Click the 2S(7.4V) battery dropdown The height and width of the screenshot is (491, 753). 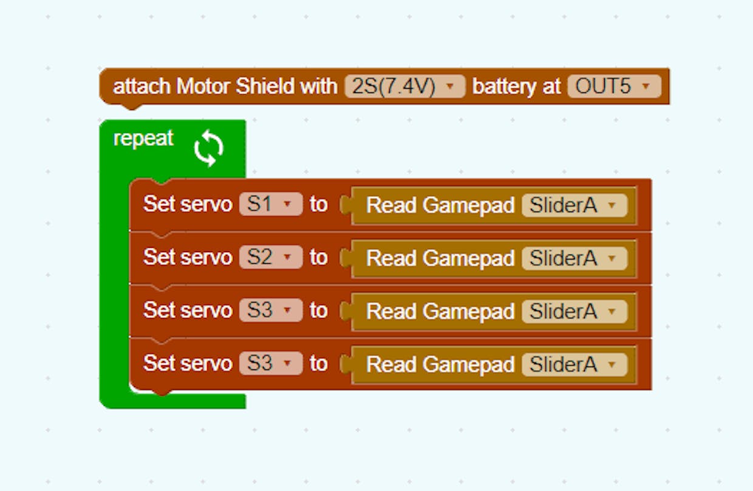coord(404,86)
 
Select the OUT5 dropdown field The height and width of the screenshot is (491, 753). coord(615,86)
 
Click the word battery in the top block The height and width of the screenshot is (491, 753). coord(503,87)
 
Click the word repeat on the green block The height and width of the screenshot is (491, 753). coord(143,138)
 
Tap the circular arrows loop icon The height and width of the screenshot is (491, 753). coord(209,148)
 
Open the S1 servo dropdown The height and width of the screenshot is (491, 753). coord(271,204)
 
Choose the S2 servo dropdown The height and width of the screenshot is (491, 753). coord(271,257)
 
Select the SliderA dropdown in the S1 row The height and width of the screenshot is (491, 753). coord(574,205)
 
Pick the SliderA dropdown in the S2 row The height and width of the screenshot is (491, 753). coord(574,258)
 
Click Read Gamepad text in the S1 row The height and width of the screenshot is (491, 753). coord(440,205)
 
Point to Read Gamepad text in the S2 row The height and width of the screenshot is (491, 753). coord(440,258)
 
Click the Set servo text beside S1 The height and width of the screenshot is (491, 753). coord(188,204)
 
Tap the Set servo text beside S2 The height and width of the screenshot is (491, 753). coord(188,257)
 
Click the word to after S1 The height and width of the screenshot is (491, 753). coord(318,204)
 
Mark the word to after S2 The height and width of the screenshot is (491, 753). coord(318,258)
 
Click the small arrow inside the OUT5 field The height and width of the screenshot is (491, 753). coord(646,86)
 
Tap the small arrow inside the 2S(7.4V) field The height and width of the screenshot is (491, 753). coord(450,86)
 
